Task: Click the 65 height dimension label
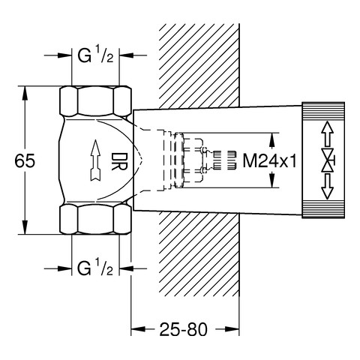25,160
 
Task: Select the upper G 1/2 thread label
95,55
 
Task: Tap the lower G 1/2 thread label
95,268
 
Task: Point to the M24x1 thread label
270,160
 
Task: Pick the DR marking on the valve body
119,161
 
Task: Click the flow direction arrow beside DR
95,160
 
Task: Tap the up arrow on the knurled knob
328,133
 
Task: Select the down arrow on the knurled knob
328,187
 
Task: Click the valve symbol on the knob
328,160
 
